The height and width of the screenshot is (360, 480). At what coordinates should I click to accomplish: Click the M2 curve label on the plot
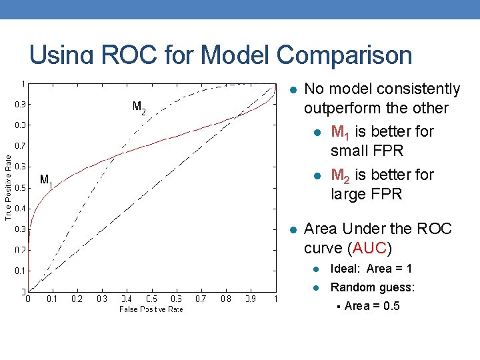click(139, 107)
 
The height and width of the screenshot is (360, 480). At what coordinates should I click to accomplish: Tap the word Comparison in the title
click(337, 55)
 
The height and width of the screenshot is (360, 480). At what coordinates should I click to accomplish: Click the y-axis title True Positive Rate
click(8, 187)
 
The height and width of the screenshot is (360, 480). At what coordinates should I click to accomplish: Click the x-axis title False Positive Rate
click(151, 309)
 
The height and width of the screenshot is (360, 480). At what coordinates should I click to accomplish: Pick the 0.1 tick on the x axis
click(52, 299)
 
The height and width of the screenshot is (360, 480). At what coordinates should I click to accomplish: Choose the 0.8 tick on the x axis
click(226, 299)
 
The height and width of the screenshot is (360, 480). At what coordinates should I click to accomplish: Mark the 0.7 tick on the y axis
click(21, 145)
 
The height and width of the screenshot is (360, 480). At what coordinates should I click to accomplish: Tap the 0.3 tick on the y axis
click(21, 229)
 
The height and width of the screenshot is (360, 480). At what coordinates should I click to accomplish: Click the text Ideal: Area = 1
click(371, 269)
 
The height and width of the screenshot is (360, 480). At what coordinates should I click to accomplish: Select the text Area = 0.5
click(372, 306)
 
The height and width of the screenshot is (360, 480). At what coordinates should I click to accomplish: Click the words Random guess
click(373, 287)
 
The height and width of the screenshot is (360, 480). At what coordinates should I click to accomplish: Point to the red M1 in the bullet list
click(339, 132)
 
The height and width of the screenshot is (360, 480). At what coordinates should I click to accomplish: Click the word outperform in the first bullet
click(340, 108)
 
